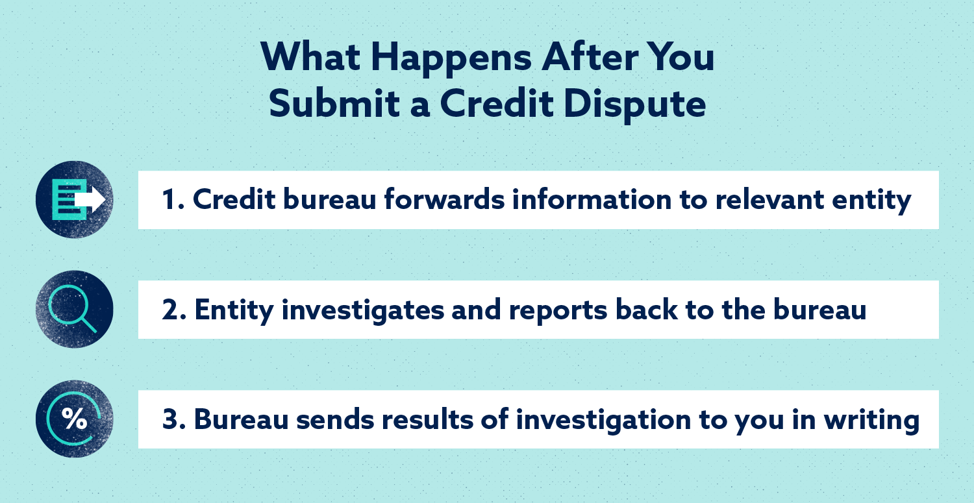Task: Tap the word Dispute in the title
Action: pyautogui.click(x=635, y=105)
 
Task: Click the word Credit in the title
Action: pyautogui.click(x=497, y=103)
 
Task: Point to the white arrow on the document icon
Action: pyautogui.click(x=90, y=199)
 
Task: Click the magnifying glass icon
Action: pyautogui.click(x=73, y=309)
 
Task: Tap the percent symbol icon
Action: pyautogui.click(x=75, y=419)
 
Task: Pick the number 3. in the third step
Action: pyautogui.click(x=174, y=419)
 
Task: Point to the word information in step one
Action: pyautogui.click(x=592, y=199)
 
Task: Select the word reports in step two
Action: pyautogui.click(x=558, y=312)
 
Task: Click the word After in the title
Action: pyautogui.click(x=590, y=57)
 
